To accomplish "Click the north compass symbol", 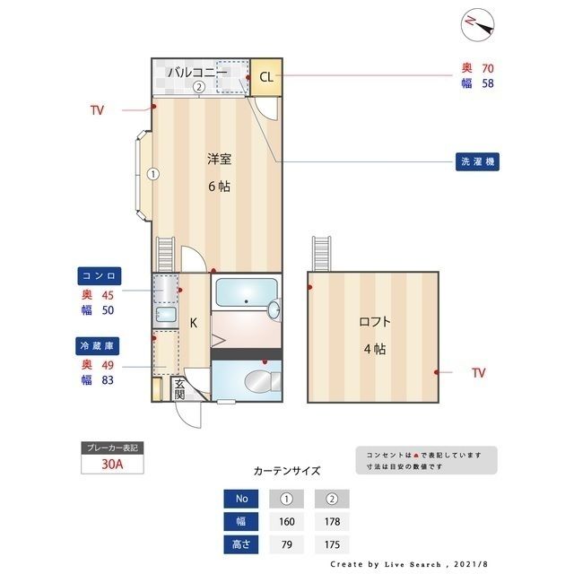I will (x=479, y=25).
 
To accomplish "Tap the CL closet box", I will (x=265, y=76).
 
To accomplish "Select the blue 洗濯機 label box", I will (x=474, y=162).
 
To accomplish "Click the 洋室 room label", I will (x=220, y=160).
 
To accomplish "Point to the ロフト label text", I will (x=375, y=322).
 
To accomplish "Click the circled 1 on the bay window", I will (x=153, y=174).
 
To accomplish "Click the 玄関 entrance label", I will (x=178, y=388).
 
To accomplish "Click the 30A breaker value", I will (x=112, y=465).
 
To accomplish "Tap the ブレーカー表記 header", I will (x=112, y=448).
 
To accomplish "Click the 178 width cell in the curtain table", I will (x=331, y=521).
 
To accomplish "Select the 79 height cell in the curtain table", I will (x=288, y=544).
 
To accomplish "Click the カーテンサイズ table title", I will (x=286, y=470).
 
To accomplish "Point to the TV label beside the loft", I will (x=478, y=371).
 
